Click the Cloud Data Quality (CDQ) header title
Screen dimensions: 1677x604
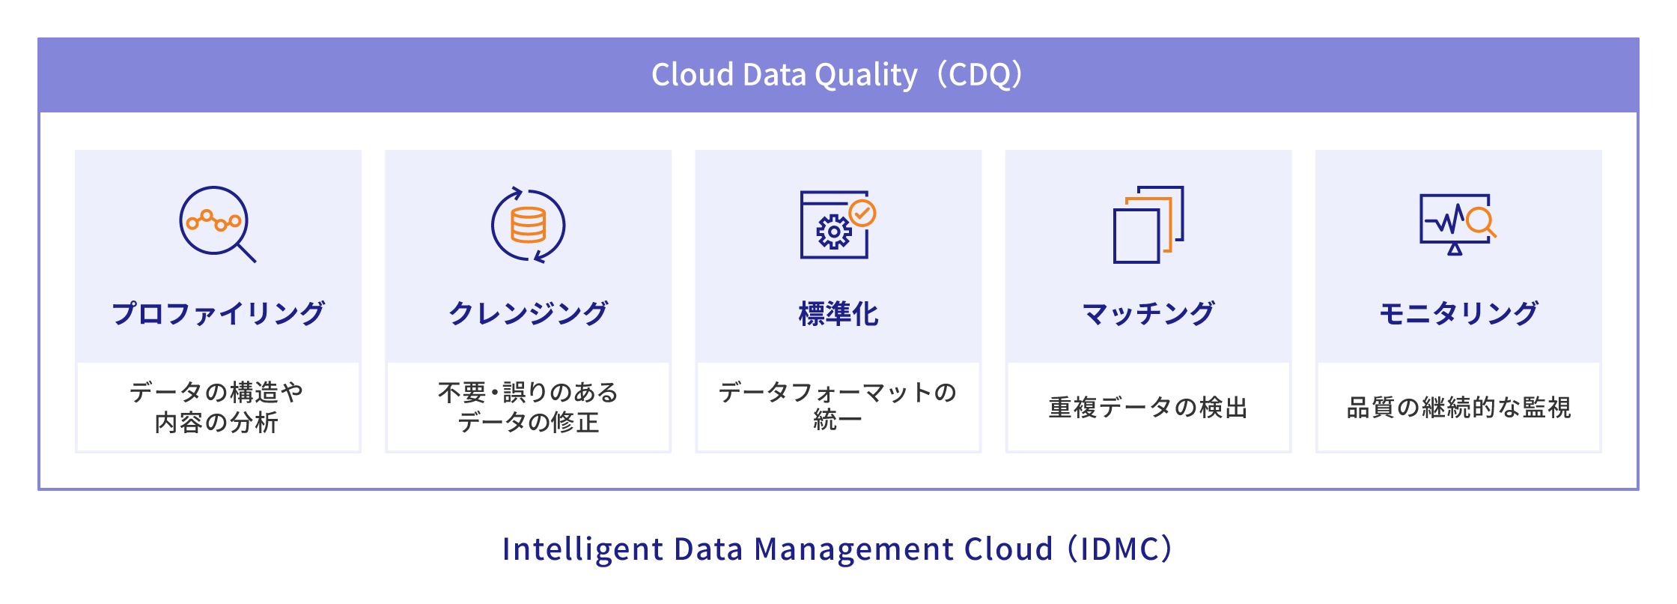click(838, 75)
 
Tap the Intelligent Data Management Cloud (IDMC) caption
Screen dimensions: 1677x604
click(837, 549)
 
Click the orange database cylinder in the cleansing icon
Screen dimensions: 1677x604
click(528, 225)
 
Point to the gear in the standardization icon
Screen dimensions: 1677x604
click(833, 232)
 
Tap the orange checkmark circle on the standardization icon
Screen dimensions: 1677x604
click(862, 214)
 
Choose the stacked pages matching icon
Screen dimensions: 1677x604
click(1148, 225)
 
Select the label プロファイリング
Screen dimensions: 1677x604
click(218, 313)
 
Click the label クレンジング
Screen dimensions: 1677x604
click(528, 313)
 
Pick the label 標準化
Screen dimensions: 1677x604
click(838, 313)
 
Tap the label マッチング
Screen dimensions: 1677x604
click(1148, 313)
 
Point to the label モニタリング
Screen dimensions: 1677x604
click(1458, 313)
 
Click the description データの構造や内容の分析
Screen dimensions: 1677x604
click(217, 407)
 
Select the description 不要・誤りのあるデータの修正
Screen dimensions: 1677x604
click(528, 407)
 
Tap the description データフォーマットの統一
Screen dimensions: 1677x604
click(838, 405)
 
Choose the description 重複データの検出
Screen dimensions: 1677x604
click(1148, 408)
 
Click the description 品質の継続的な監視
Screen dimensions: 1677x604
click(1458, 408)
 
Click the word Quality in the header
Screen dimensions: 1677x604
click(866, 76)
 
